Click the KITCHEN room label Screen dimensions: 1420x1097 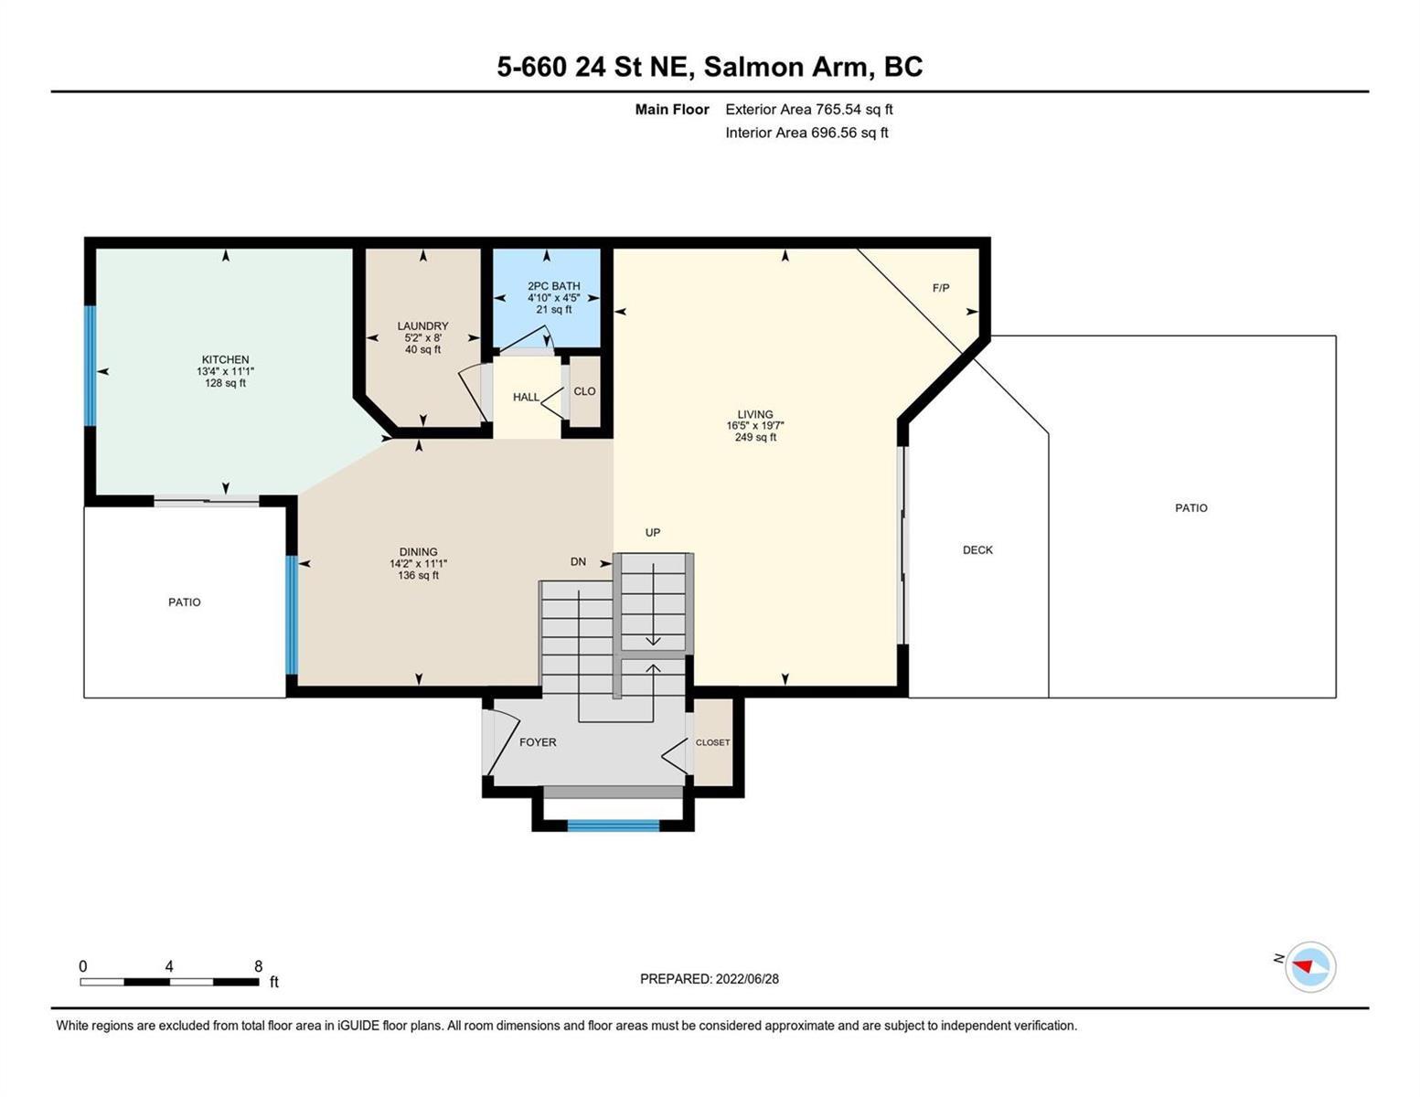225,359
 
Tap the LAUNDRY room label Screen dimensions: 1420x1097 422,325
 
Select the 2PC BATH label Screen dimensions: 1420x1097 553,285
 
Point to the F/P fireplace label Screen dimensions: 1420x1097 940,287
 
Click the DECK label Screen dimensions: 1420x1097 977,550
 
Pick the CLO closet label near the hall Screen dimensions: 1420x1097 584,391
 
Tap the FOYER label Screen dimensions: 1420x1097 538,742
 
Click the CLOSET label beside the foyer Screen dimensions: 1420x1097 712,743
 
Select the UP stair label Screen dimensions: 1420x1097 652,532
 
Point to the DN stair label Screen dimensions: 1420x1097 578,561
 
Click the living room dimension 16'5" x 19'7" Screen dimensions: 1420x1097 754,425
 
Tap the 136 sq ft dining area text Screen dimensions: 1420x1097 418,576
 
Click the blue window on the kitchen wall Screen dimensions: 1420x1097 91,366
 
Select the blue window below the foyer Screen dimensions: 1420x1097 613,825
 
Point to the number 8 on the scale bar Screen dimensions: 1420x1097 258,966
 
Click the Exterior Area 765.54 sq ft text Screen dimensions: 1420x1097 809,110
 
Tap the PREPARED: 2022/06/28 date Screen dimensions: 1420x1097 709,979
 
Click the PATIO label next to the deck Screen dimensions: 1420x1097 1190,507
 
